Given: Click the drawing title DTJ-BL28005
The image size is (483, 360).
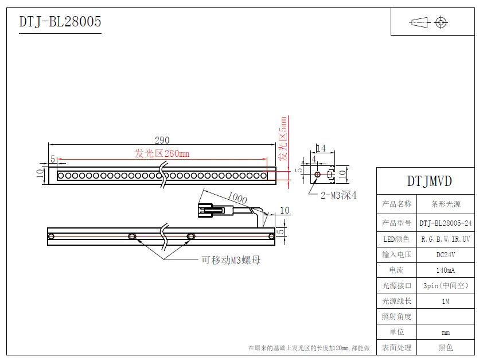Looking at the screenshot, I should point(60,22).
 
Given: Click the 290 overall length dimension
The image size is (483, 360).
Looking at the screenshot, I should point(162,140).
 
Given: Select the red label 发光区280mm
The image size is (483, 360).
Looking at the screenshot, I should point(162,153).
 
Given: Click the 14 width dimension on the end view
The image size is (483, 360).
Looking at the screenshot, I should point(321,148).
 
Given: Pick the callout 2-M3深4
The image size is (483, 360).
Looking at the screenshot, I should point(338,195).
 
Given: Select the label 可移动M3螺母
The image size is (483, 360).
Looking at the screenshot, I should point(231,260).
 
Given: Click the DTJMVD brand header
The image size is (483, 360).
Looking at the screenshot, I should point(429,181).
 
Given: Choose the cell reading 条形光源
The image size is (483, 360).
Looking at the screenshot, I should point(446,204).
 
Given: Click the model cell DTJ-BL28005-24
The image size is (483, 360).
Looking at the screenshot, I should point(446,223).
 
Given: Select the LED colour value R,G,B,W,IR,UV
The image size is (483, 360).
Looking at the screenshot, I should point(446,238).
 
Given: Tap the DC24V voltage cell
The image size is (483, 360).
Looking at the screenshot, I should point(446,254).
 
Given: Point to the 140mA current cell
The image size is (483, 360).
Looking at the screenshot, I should point(446,269).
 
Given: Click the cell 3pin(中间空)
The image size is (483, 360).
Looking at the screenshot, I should point(446,285).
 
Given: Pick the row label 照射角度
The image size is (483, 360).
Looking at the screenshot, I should point(397,316).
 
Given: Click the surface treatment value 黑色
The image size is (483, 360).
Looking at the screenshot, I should point(446,347).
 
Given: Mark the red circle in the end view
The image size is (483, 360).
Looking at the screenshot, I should point(317,173).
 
